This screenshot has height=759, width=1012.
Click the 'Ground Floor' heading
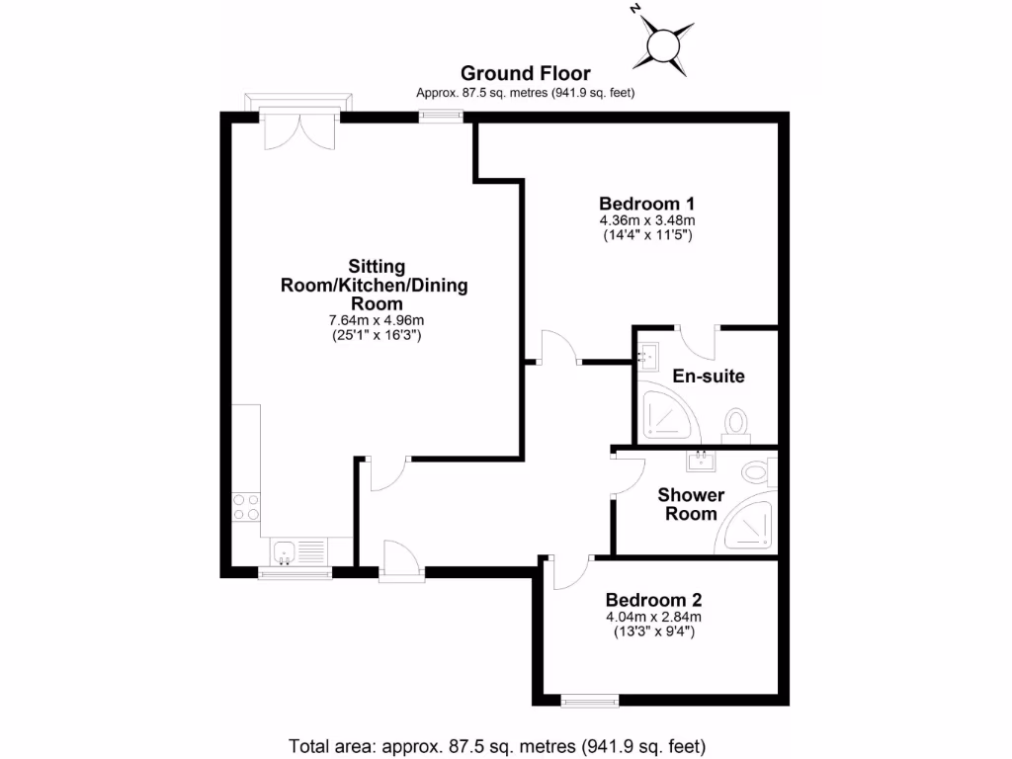coord(525,73)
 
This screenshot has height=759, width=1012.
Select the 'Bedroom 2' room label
coord(653,600)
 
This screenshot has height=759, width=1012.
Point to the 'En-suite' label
coord(708,377)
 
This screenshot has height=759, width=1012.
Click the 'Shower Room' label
coord(691,504)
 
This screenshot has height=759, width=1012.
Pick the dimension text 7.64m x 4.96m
coord(376,320)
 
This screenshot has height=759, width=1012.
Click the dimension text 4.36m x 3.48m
coord(648,220)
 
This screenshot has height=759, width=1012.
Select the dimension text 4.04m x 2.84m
coord(653,618)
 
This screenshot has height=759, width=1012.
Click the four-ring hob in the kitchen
coord(246,507)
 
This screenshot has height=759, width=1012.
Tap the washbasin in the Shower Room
coord(704,460)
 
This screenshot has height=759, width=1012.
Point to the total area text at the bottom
coord(497,745)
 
